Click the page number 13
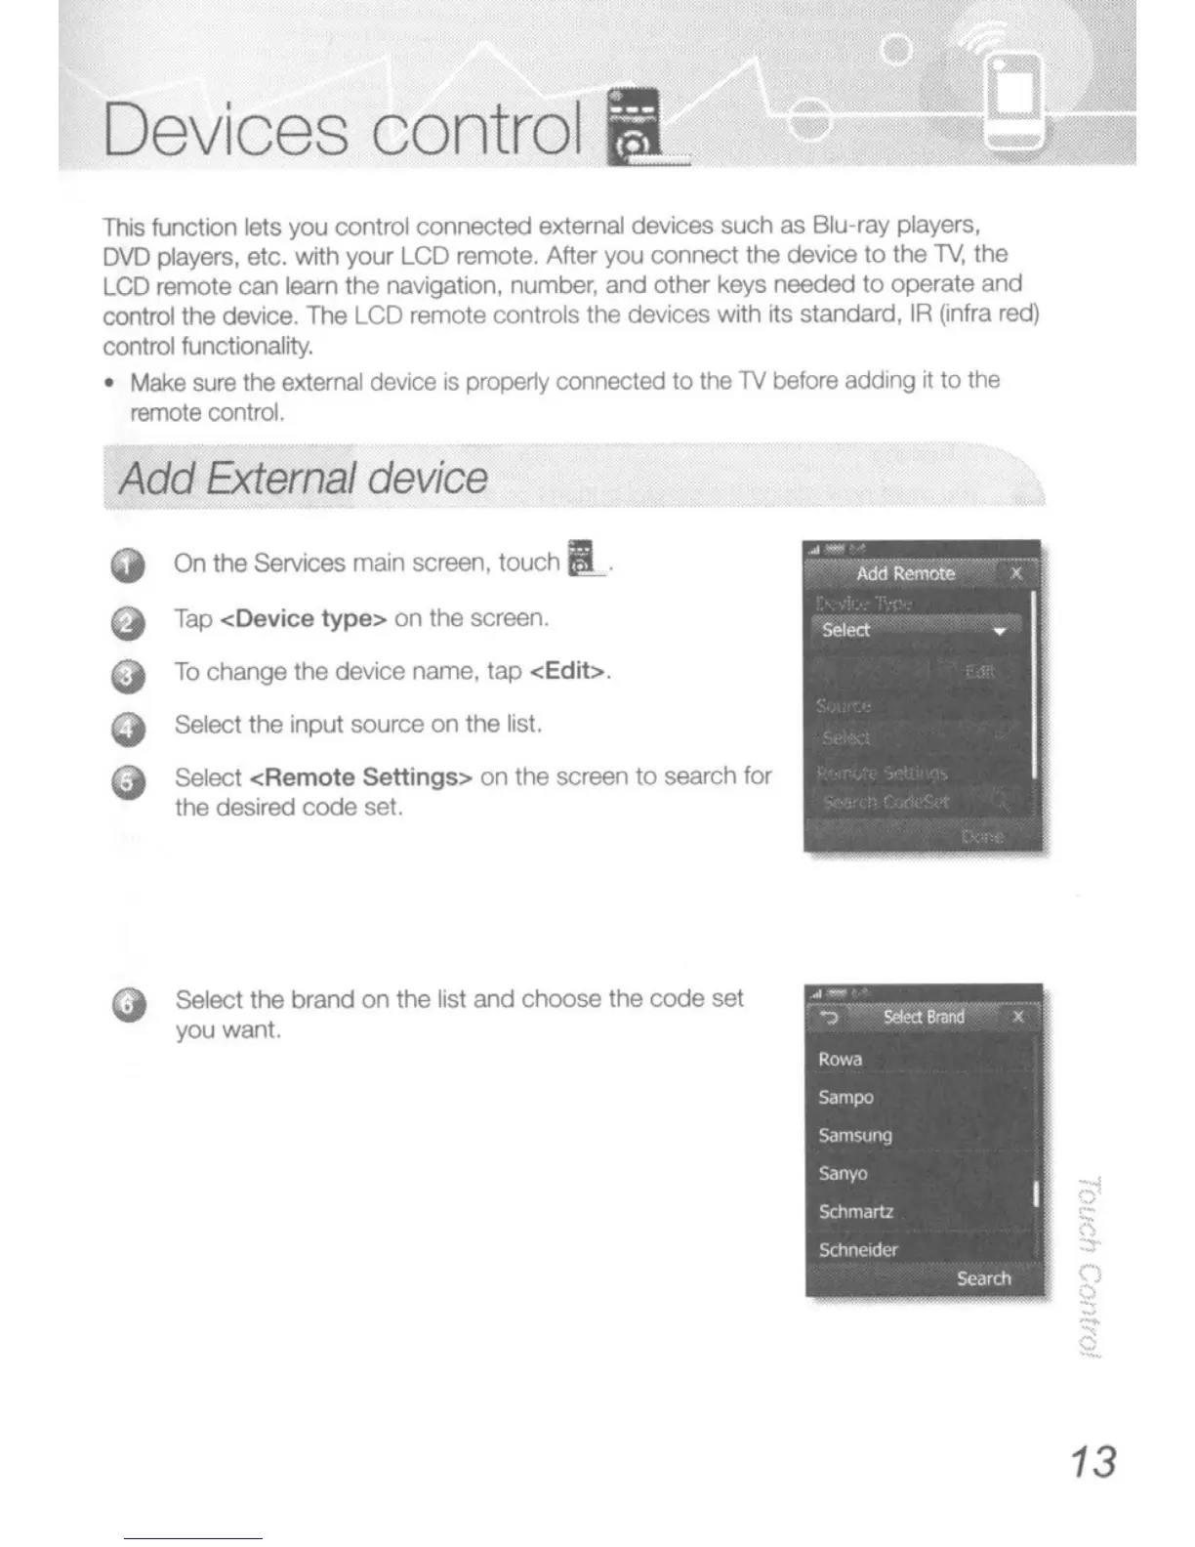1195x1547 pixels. click(x=1092, y=1462)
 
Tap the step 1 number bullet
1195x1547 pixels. click(x=128, y=565)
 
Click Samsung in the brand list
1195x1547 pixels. click(x=855, y=1135)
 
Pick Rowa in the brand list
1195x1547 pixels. click(x=841, y=1059)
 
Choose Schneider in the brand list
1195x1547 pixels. click(x=858, y=1249)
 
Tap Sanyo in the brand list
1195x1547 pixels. click(x=844, y=1173)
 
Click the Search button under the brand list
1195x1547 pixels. click(x=983, y=1278)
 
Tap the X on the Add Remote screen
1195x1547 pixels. click(x=1016, y=573)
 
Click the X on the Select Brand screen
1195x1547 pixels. click(x=1018, y=1017)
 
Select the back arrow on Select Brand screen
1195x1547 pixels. click(x=829, y=1018)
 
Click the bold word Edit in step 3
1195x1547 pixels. click(x=568, y=671)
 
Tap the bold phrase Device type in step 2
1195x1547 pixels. click(x=305, y=619)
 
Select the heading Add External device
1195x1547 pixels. click(x=303, y=479)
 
